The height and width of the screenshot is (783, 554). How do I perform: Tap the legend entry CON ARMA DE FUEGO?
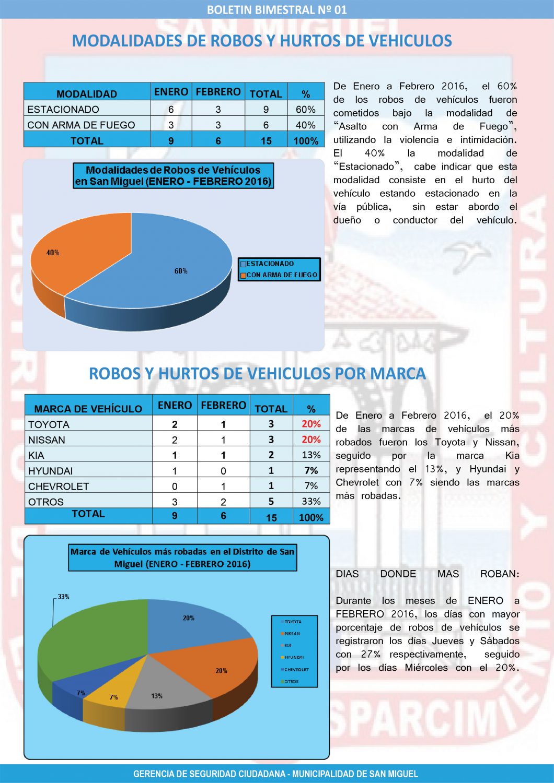pyautogui.click(x=282, y=275)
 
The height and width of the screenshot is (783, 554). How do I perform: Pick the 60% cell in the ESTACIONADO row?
pyautogui.click(x=305, y=110)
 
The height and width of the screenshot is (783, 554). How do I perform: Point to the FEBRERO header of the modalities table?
pyautogui.click(x=218, y=92)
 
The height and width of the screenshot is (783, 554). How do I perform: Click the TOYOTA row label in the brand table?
pyautogui.click(x=49, y=424)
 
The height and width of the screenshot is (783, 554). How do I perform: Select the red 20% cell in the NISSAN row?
pyautogui.click(x=311, y=440)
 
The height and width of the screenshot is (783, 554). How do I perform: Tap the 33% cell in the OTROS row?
pyautogui.click(x=311, y=502)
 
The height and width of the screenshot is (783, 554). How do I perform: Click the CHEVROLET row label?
pyautogui.click(x=59, y=487)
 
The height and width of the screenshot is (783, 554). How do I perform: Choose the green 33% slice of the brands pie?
pyautogui.click(x=89, y=637)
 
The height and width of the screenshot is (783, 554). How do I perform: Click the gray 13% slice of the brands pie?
pyautogui.click(x=162, y=689)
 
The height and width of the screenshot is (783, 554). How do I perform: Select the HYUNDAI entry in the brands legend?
pyautogui.click(x=294, y=658)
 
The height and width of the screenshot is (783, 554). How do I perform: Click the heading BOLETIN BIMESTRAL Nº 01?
pyautogui.click(x=277, y=9)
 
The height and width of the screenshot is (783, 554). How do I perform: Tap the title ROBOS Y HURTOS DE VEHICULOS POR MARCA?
pyautogui.click(x=257, y=374)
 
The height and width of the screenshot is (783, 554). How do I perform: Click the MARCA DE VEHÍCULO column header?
pyautogui.click(x=88, y=409)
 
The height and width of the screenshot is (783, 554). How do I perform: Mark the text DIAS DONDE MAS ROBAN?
pyautogui.click(x=428, y=574)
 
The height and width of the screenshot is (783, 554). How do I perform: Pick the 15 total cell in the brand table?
pyautogui.click(x=271, y=518)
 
